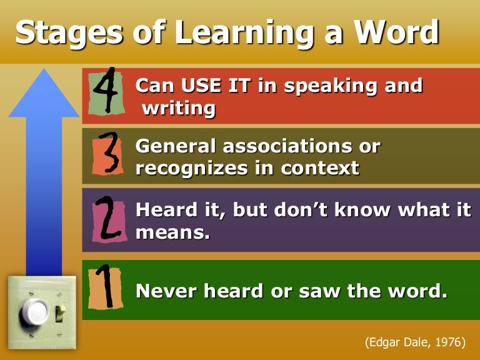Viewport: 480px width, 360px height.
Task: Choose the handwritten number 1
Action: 105,288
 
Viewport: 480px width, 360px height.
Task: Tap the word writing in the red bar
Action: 179,108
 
